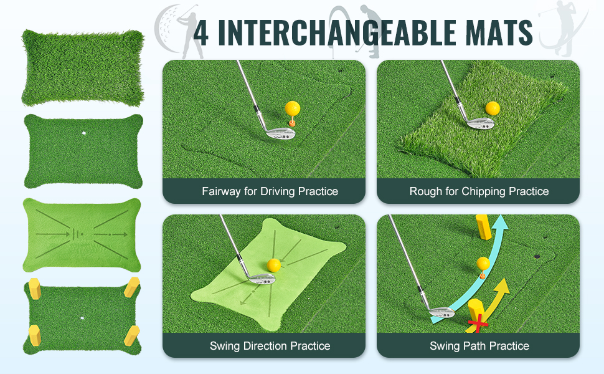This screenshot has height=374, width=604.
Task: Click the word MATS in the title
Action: tap(499, 32)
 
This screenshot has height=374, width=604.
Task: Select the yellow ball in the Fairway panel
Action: tap(293, 108)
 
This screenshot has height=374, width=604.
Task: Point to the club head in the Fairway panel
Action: tap(280, 133)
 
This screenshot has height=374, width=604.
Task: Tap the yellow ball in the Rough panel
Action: tap(493, 108)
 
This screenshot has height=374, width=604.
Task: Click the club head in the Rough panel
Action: tap(480, 123)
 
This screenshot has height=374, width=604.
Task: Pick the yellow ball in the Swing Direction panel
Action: tap(274, 266)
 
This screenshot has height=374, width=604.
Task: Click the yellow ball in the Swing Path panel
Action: tap(483, 263)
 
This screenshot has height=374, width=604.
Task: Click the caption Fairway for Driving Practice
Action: tap(270, 191)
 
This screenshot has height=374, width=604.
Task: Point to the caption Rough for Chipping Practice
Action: tap(479, 191)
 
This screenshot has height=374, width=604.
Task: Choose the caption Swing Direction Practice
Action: tap(270, 346)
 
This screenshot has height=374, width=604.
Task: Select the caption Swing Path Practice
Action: tap(479, 346)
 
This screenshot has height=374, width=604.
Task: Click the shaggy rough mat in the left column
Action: tap(83, 68)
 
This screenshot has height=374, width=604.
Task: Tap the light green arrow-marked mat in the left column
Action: tap(82, 235)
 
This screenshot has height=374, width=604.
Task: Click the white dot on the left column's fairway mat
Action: tap(83, 133)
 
